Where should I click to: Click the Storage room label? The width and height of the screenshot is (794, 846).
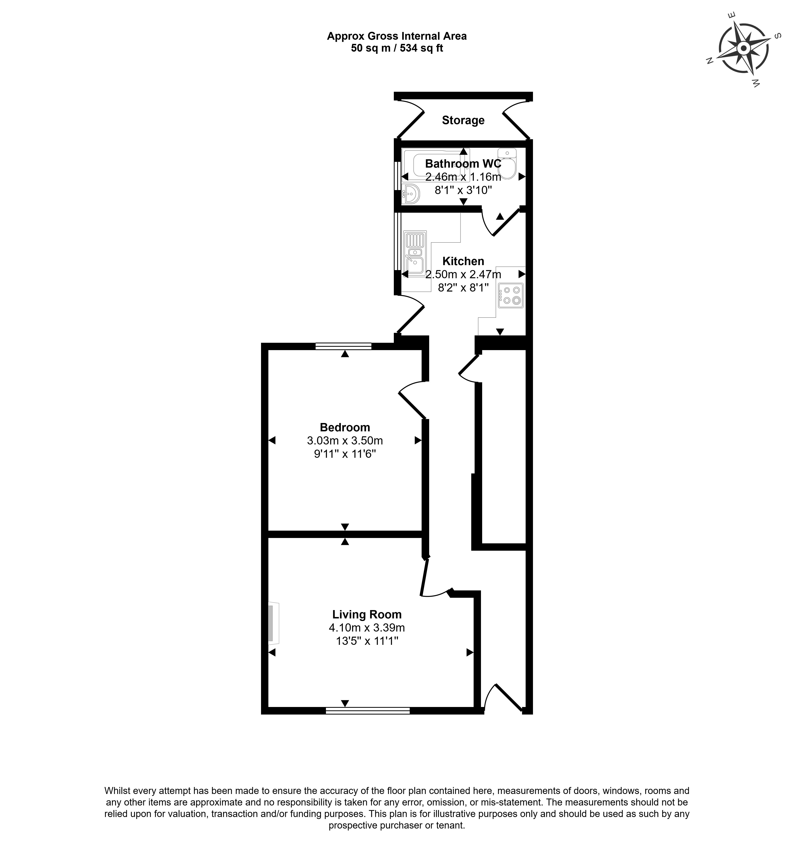(x=463, y=120)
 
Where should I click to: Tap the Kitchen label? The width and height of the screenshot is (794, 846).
(x=463, y=261)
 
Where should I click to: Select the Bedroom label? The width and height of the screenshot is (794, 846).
(x=345, y=427)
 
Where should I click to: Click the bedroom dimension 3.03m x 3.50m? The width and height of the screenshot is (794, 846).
(x=345, y=440)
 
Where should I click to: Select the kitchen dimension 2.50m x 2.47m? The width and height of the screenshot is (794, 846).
(x=463, y=274)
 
